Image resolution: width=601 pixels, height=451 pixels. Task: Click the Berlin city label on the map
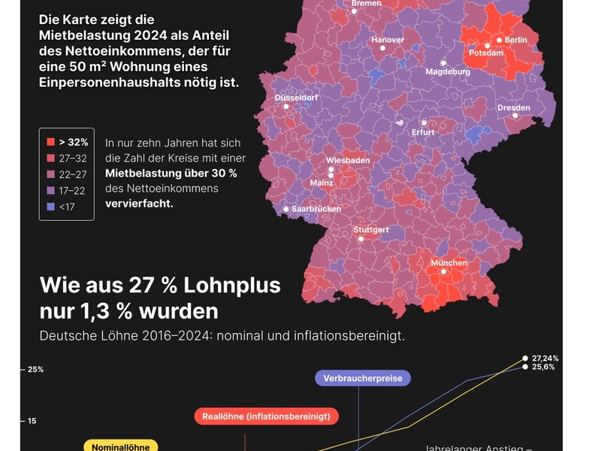pyautogui.click(x=515, y=40)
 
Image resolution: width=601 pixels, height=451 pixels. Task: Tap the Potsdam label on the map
pyautogui.click(x=485, y=53)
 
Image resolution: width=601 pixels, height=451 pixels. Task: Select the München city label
pyautogui.click(x=448, y=263)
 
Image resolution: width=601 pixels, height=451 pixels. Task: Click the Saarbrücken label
pyautogui.click(x=316, y=209)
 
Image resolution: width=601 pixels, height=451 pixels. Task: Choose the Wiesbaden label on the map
pyautogui.click(x=348, y=161)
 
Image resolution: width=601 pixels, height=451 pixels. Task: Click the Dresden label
pyautogui.click(x=514, y=108)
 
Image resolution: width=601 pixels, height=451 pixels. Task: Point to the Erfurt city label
pyautogui.click(x=424, y=133)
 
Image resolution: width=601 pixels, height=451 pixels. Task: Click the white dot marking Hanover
pyautogui.click(x=382, y=48)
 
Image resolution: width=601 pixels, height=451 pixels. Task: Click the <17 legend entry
pyautogui.click(x=68, y=206)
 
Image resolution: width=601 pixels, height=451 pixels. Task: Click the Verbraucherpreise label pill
pyautogui.click(x=363, y=377)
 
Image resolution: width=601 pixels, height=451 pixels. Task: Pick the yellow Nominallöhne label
pyautogui.click(x=120, y=447)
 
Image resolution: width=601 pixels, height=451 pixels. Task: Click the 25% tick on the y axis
pyautogui.click(x=35, y=370)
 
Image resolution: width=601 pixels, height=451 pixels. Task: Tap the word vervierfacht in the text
pyautogui.click(x=139, y=204)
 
